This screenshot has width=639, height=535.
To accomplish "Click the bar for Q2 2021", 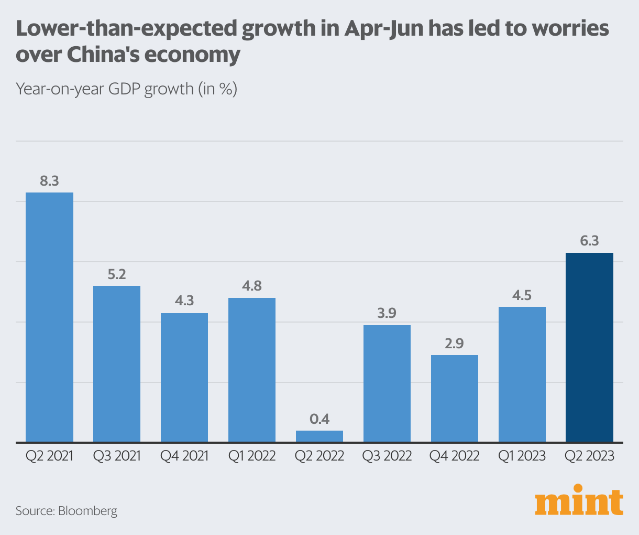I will point(49,317).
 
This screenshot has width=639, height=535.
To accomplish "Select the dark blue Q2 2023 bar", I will point(589,347).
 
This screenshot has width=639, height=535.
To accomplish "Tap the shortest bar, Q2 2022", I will point(319,436).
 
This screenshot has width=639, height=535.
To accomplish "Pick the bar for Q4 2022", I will point(454,398).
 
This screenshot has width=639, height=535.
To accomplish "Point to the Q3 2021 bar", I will point(117,363).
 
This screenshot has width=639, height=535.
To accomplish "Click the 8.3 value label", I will point(49,181).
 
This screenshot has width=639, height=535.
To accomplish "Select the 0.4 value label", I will point(319,419).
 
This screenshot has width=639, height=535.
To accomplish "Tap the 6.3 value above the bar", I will point(589,241).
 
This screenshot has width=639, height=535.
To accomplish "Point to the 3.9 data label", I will point(387,314).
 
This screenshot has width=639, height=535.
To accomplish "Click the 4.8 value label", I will point(252,286).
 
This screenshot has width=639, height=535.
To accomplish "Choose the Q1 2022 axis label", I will point(252,456).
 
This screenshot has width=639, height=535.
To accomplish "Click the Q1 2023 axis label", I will point(522,456).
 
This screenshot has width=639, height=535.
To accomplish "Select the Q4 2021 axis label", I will point(184,456).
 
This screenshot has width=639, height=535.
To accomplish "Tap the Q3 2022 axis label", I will point(387,456).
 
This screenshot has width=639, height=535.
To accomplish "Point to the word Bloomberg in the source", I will point(87,511).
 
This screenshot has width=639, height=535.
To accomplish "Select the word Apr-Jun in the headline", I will point(383,29).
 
